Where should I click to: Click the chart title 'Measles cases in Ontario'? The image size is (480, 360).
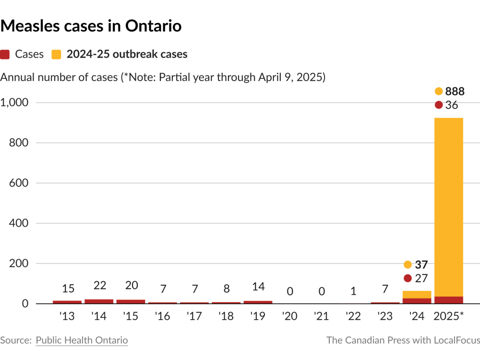coord(91,26)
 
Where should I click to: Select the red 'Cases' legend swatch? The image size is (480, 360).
coord(5,54)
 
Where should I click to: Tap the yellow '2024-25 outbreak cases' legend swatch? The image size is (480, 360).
coord(56,54)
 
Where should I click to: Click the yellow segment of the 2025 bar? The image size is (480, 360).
coord(448,206)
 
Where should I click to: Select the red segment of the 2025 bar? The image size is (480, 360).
coord(448,300)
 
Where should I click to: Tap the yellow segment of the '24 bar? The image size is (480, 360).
coord(417,294)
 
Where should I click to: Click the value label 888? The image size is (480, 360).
coord(455,91)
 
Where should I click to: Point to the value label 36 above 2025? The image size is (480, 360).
coord(452,105)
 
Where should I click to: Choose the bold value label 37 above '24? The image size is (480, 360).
coord(421,264)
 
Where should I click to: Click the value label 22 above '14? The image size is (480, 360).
coord(99,286)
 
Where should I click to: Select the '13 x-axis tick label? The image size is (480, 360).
coord(67,317)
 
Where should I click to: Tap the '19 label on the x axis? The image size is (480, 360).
coord(258,317)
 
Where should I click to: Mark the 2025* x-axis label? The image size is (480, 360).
coord(448,317)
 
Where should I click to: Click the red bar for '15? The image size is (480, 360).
coord(131,301)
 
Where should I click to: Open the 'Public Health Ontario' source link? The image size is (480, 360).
coord(82,340)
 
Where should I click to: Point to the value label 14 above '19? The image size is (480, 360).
coord(258,287)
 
